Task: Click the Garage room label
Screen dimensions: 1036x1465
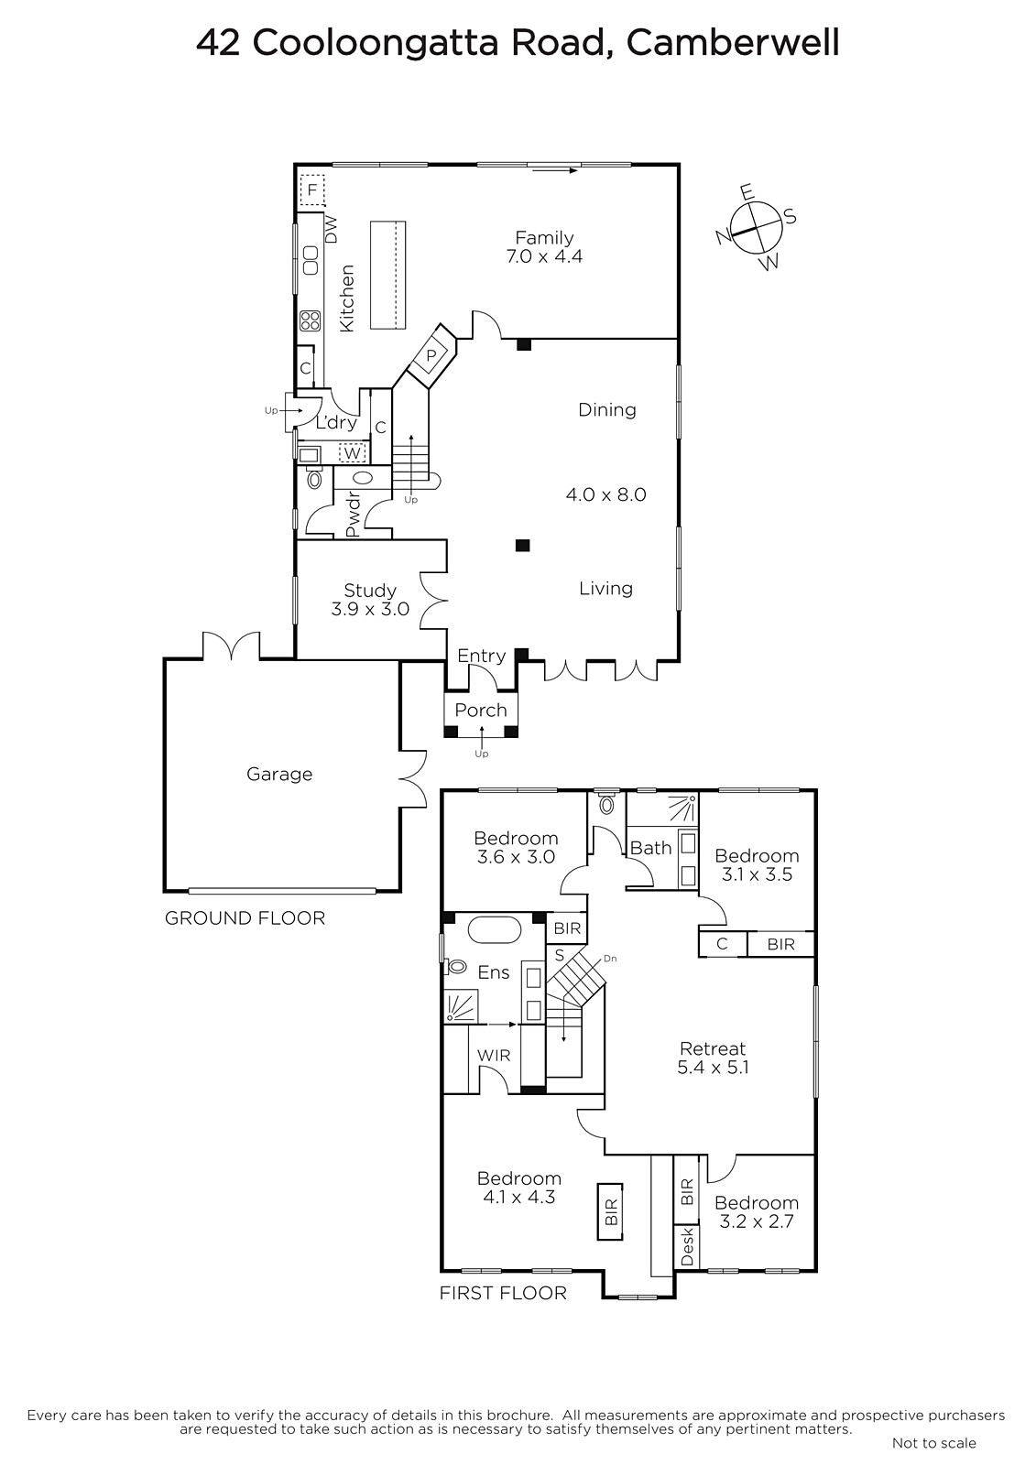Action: (x=279, y=775)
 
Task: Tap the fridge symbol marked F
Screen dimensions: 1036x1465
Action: (x=312, y=190)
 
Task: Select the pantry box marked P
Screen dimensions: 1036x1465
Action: (x=431, y=356)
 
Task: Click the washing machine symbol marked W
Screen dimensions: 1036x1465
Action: (x=352, y=452)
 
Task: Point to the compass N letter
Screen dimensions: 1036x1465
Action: (x=724, y=237)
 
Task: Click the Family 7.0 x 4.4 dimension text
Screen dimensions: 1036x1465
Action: (x=544, y=256)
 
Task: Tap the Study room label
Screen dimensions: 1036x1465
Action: (x=370, y=591)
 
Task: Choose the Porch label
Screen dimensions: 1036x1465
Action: (x=481, y=711)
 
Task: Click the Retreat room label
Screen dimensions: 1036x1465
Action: (x=713, y=1048)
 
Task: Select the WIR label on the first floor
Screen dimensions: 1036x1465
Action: (x=494, y=1056)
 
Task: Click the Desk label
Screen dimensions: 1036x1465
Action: (x=686, y=1246)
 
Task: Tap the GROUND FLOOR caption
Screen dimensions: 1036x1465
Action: (x=245, y=918)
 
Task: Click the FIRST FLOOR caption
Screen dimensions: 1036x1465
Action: (x=503, y=1293)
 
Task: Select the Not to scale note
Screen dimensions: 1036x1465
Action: (x=934, y=1443)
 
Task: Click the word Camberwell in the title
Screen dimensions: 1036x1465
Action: (x=733, y=44)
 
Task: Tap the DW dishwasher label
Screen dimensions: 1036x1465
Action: (x=332, y=230)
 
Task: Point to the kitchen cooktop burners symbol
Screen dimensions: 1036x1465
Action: (x=311, y=320)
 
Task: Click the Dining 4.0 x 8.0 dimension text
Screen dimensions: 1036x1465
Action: (x=606, y=494)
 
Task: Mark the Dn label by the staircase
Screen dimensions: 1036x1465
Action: (x=610, y=959)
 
